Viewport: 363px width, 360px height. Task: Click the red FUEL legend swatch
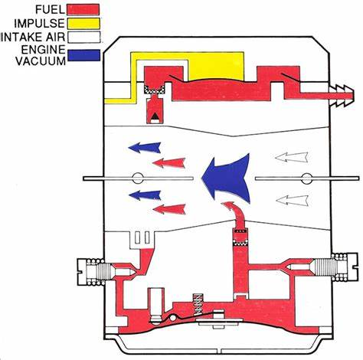click(x=83, y=9)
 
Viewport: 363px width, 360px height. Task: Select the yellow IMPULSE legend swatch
click(x=83, y=23)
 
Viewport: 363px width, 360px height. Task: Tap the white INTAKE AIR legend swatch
click(x=83, y=37)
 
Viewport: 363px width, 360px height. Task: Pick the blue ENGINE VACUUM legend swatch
click(x=84, y=55)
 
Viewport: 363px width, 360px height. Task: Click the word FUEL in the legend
click(x=50, y=10)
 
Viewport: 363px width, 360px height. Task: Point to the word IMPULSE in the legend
click(x=40, y=24)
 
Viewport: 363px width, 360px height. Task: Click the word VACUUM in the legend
click(x=41, y=61)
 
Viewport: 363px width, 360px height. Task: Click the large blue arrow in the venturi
click(x=226, y=178)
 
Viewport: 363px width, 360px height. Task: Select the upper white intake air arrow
click(x=292, y=157)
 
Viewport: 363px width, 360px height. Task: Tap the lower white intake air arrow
click(x=293, y=201)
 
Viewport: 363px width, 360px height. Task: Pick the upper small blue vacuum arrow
click(x=145, y=148)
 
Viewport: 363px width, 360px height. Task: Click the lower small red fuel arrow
click(x=169, y=209)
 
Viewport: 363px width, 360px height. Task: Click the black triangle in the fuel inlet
click(x=155, y=116)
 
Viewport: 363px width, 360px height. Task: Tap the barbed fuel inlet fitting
click(x=342, y=95)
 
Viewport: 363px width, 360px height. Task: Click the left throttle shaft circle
click(x=137, y=178)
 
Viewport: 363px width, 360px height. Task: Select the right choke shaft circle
click(x=306, y=178)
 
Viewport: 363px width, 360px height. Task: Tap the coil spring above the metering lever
click(x=198, y=305)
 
